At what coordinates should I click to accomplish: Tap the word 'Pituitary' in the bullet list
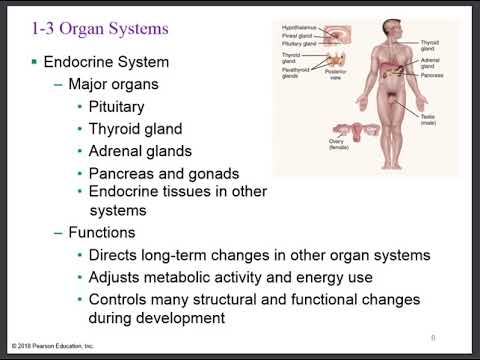coord(117,106)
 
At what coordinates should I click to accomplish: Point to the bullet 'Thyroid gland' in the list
coord(135,129)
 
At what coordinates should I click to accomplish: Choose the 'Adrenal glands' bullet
coord(140,151)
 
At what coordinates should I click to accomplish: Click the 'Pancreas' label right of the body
coord(432,75)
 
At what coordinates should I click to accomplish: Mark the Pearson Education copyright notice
coord(56,344)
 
